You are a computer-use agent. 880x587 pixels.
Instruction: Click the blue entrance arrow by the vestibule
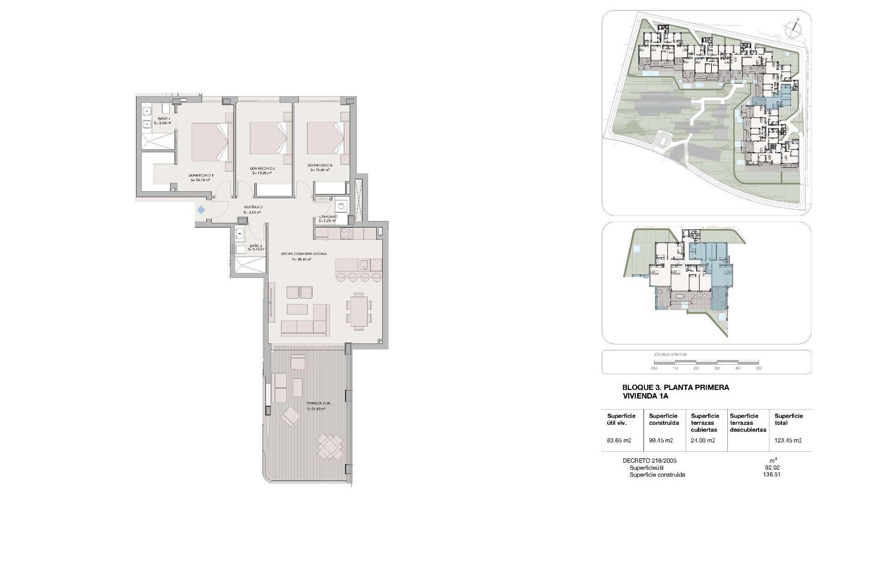point(201,210)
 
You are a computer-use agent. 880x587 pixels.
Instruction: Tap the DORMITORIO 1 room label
point(201,175)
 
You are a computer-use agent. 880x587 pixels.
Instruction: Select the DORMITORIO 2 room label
point(262,168)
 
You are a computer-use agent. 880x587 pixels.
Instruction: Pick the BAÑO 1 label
point(163,119)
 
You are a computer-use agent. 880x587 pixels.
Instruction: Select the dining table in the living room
point(359,311)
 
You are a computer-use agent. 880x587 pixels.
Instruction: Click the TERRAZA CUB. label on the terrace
point(318,404)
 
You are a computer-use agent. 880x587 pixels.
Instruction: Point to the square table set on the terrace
point(330,447)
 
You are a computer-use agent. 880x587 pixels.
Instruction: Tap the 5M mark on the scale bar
point(759,368)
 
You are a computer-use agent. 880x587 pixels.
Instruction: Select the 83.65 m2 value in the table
point(619,441)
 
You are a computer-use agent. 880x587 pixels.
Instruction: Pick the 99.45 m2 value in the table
point(661,441)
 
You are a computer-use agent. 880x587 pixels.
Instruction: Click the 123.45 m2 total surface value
point(788,441)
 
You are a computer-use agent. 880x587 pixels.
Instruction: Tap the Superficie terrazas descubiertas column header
point(748,423)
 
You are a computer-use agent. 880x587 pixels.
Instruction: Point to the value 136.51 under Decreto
point(773,475)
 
